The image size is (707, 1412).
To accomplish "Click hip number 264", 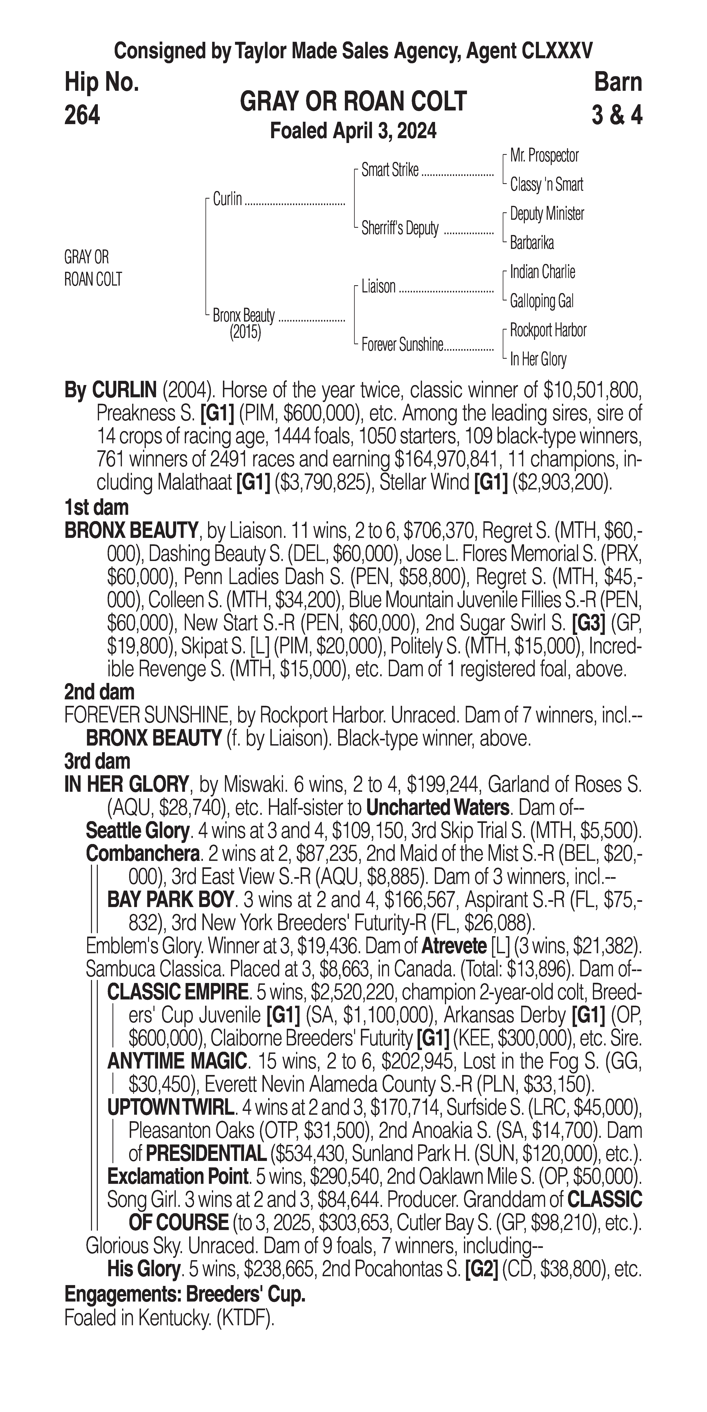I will [x=82, y=115].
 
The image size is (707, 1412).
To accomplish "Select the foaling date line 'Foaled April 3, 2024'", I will [x=353, y=131].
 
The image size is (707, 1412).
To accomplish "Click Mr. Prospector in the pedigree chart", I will [x=544, y=156].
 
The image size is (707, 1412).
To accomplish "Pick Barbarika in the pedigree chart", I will [x=532, y=243].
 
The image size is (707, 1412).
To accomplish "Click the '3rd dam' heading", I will [x=97, y=761].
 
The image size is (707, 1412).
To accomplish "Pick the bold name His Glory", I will [x=144, y=1269].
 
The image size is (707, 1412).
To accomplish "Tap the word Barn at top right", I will [x=618, y=82].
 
